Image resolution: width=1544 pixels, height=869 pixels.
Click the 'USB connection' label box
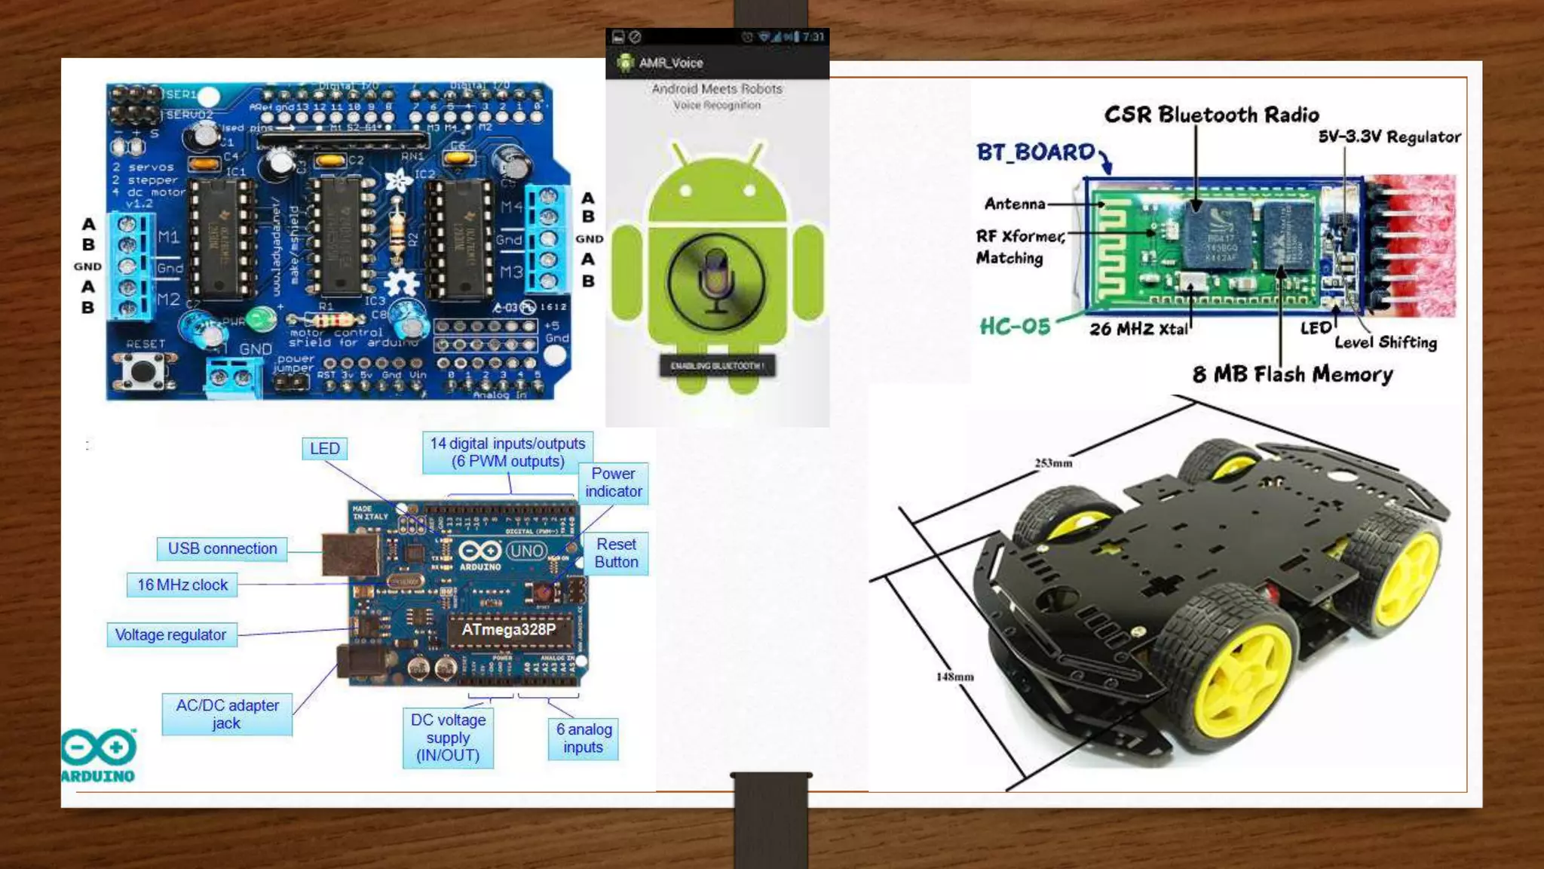(222, 548)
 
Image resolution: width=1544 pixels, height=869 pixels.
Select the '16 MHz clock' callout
(182, 585)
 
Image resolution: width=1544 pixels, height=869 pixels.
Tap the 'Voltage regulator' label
(171, 635)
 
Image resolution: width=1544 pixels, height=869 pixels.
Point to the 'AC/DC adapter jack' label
(227, 714)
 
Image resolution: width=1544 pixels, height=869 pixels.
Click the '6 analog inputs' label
(584, 738)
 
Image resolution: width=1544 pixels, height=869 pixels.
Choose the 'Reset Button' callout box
(616, 553)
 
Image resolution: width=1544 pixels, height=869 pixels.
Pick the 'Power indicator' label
(613, 483)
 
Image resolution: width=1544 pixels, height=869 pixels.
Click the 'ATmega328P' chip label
(508, 630)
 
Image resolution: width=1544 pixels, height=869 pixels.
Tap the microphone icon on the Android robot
(715, 281)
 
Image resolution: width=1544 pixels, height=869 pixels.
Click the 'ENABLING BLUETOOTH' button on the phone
(717, 366)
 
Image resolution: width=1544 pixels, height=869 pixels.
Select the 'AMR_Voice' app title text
(671, 63)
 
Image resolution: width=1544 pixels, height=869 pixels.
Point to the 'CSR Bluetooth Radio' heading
(1212, 115)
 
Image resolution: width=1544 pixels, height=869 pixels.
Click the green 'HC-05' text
(1015, 326)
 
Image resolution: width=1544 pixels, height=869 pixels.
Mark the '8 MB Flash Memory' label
(1292, 374)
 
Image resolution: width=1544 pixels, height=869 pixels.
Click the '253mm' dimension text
(1053, 463)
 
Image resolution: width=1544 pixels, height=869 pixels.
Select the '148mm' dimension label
(954, 677)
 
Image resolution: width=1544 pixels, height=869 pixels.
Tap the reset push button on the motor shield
(143, 370)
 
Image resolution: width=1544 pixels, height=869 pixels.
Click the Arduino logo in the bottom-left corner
(98, 754)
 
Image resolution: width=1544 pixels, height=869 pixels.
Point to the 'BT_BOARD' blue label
(1035, 152)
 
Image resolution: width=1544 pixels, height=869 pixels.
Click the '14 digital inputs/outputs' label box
(507, 452)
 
